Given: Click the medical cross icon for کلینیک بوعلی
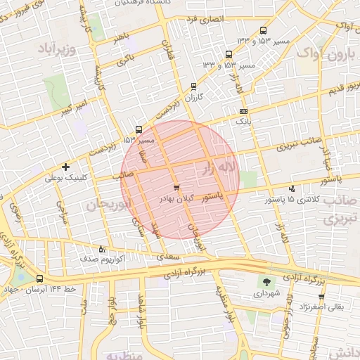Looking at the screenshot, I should point(65,167).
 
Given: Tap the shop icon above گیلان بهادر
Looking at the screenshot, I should point(176,188).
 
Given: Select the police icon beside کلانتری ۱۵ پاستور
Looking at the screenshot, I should point(292,188).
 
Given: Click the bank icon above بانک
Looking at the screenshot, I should point(243,111).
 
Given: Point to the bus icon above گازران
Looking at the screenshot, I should point(193,86).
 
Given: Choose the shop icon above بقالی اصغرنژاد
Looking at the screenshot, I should point(321,296).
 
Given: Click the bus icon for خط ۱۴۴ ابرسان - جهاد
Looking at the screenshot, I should point(39,278).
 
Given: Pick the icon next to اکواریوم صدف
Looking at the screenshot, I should point(103,249).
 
